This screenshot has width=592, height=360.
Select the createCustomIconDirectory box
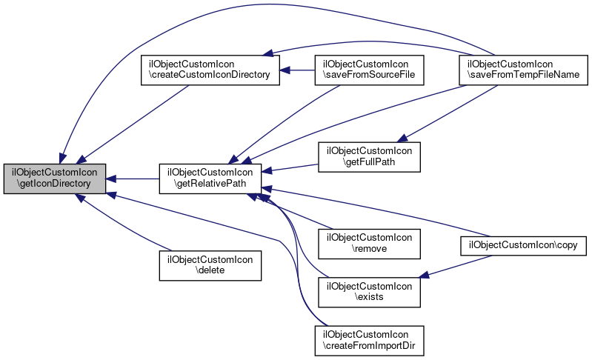210,70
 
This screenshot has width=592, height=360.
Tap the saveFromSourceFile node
369,70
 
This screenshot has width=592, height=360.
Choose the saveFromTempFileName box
522,70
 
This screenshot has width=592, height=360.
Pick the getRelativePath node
210,179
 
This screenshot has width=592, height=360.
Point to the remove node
369,243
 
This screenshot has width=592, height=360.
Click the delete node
210,265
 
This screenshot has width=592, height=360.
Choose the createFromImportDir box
369,338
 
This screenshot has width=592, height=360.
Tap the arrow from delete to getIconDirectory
126,226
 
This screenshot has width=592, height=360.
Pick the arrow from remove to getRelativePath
296,214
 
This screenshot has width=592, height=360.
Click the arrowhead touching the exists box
425,277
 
